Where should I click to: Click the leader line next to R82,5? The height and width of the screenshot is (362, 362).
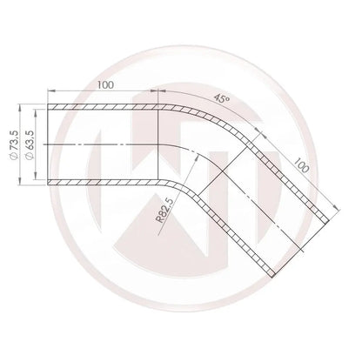coord(178,187)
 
